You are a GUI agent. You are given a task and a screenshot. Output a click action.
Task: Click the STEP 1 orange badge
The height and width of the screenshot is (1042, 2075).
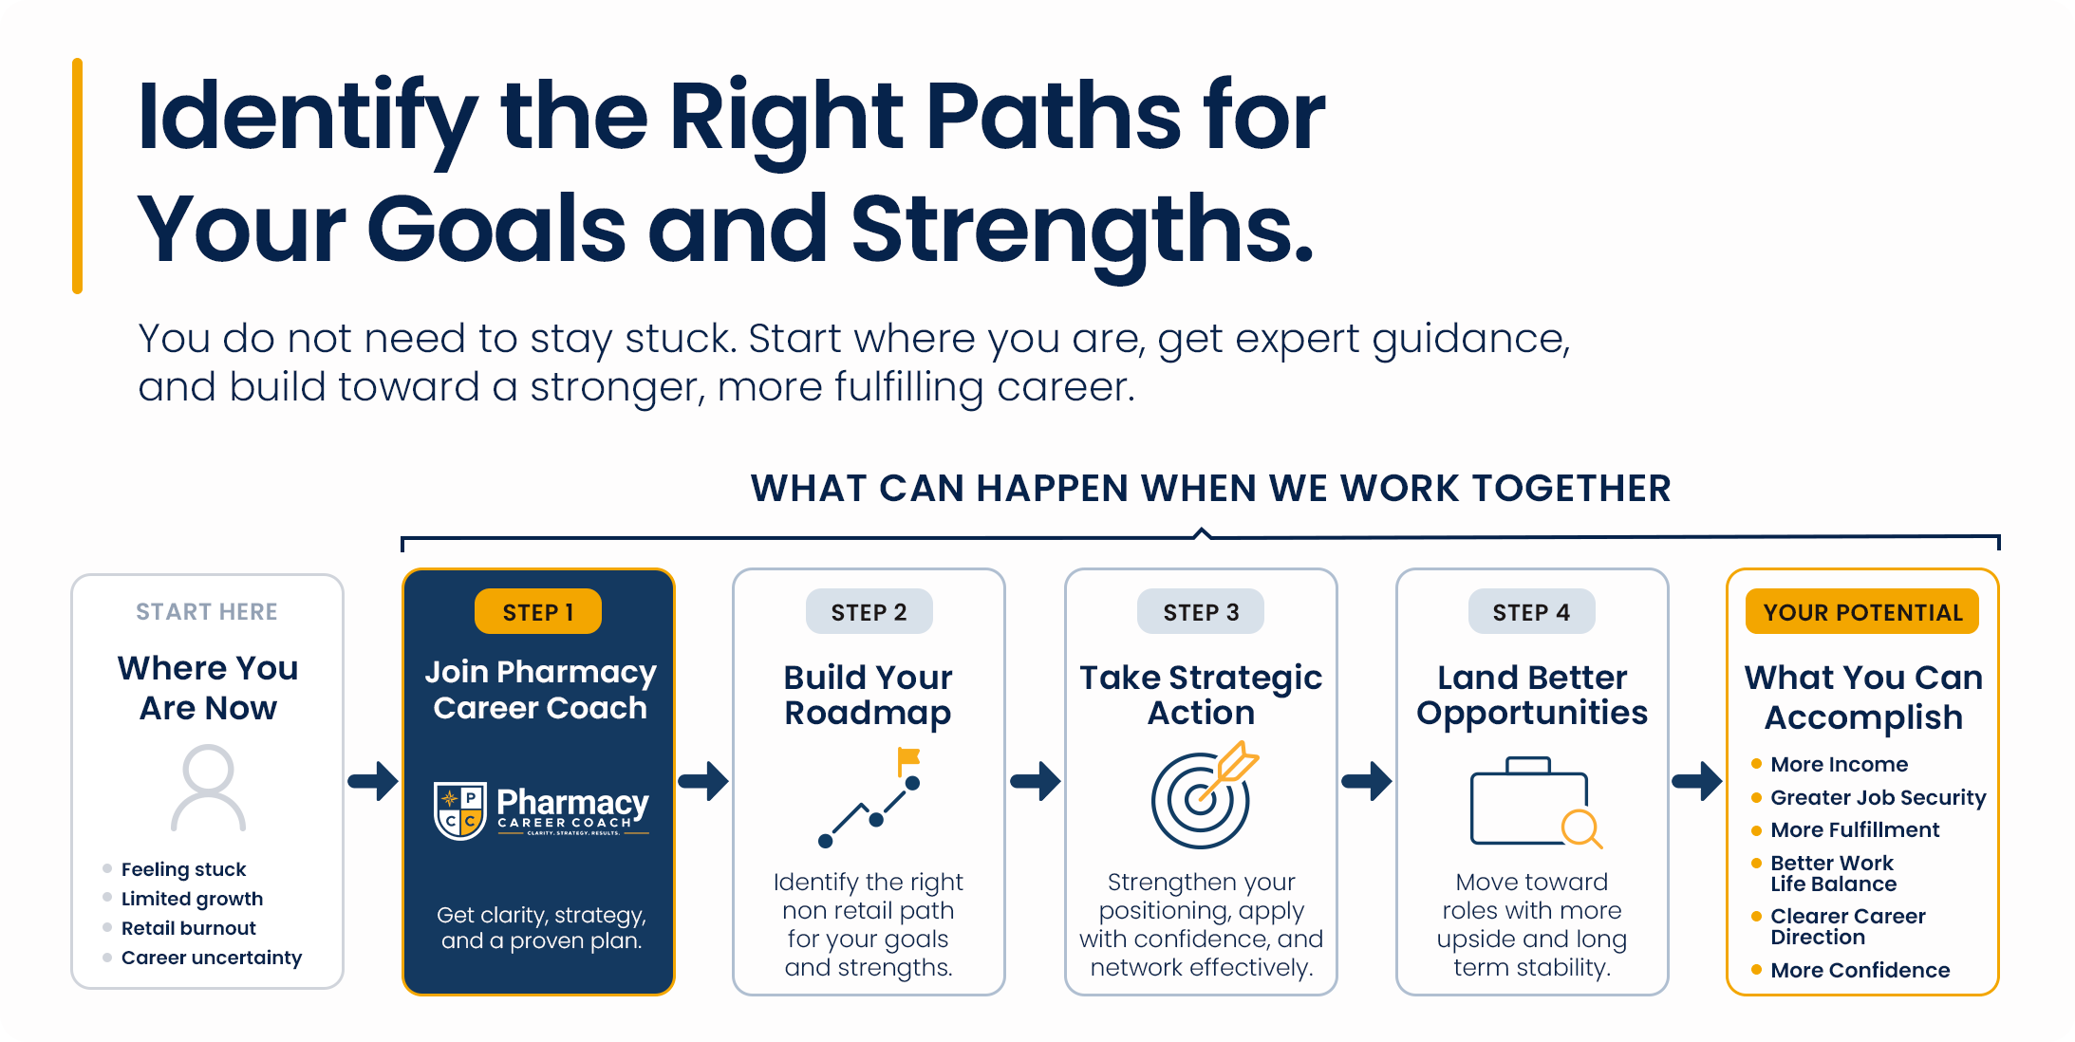[538, 612]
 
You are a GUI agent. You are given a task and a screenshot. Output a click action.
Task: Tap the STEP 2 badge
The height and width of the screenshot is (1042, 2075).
[869, 612]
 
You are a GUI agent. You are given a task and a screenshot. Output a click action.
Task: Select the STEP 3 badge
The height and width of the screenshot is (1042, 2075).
[1201, 612]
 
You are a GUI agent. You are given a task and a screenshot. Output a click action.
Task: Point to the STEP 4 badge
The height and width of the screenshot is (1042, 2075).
[1531, 612]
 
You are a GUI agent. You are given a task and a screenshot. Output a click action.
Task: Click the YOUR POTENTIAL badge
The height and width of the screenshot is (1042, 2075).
[1862, 612]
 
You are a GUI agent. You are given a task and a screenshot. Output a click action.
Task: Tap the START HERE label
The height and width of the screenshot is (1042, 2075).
[207, 612]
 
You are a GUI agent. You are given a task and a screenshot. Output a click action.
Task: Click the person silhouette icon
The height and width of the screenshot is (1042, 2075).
[208, 788]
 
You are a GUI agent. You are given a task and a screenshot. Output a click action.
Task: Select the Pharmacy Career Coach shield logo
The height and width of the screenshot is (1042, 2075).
[460, 810]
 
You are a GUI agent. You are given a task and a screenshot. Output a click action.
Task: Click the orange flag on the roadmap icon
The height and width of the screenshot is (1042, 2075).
[909, 759]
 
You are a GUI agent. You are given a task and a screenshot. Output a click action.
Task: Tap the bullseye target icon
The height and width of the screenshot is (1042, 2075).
[1202, 797]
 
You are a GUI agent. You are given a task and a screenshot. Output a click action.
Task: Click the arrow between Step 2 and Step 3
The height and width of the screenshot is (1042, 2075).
[1036, 781]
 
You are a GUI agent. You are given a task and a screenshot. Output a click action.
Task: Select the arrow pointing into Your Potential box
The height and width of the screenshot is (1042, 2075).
[1697, 781]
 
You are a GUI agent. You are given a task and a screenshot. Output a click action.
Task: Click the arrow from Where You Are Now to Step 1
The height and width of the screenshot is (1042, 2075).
[373, 781]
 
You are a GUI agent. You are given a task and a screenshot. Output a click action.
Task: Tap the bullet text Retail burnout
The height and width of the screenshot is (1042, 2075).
[189, 928]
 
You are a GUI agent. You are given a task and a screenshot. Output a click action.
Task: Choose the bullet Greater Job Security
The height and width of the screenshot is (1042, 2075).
[1879, 798]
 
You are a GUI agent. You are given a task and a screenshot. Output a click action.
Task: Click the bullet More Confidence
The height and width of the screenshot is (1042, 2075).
[1860, 970]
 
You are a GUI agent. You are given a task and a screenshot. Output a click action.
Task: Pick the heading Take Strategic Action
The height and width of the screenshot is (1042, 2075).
[1201, 695]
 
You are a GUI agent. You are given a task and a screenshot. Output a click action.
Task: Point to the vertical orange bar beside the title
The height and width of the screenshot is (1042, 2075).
[77, 177]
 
